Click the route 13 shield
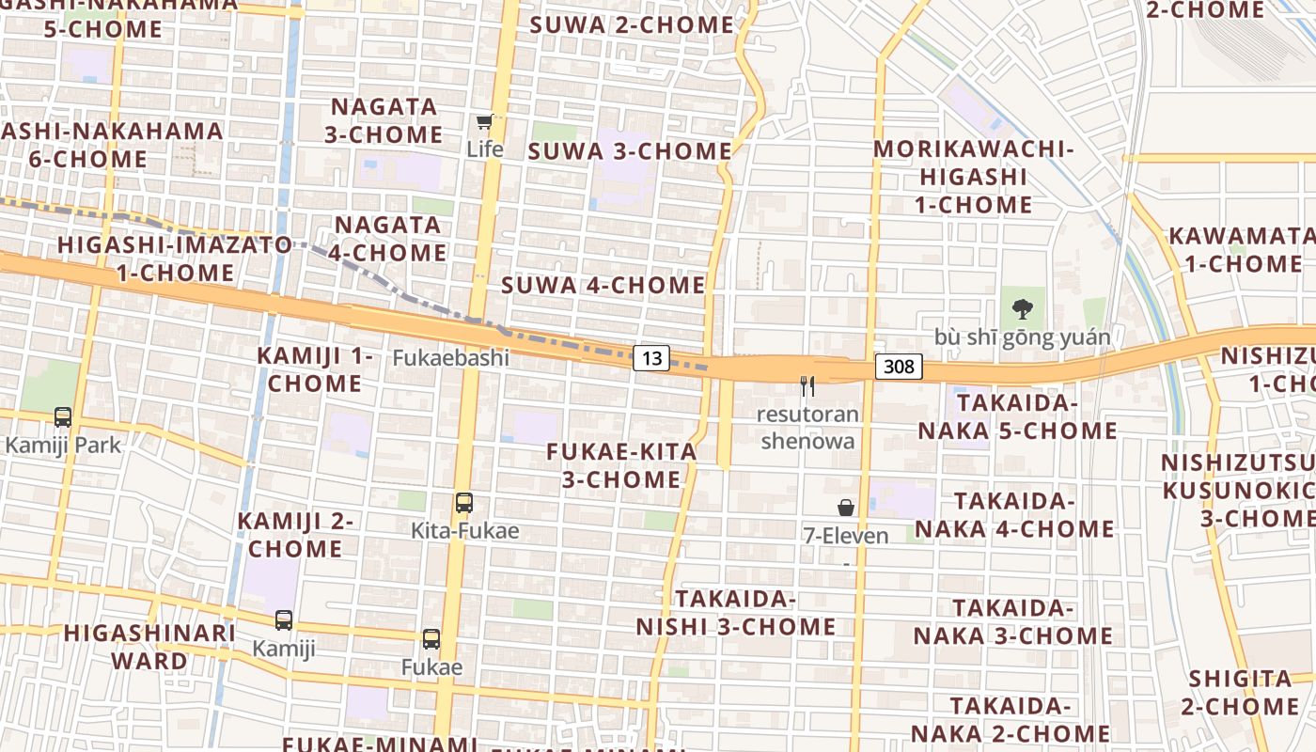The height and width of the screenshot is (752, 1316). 651,358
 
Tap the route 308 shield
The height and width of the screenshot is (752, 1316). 899,367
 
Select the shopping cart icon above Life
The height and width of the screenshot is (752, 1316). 484,121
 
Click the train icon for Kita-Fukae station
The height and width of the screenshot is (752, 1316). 464,503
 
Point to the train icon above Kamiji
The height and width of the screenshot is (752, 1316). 284,620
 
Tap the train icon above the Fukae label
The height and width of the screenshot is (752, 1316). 431,639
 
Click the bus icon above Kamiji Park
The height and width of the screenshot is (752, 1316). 63,416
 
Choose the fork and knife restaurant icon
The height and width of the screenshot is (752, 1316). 807,385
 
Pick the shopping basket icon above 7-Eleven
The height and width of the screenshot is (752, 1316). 846,508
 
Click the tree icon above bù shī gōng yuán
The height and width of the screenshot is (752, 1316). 1022,308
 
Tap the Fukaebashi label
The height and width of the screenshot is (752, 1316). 450,358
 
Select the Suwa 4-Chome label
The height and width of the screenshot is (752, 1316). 603,285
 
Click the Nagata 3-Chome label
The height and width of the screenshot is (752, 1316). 384,120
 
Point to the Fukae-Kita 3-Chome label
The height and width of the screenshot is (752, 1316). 622,465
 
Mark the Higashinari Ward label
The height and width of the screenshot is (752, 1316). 150,647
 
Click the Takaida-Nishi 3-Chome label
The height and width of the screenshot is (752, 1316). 736,613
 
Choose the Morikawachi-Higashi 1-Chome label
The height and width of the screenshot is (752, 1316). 974,177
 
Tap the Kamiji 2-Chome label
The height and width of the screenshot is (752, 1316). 294,535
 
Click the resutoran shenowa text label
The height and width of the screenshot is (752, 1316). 808,428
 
